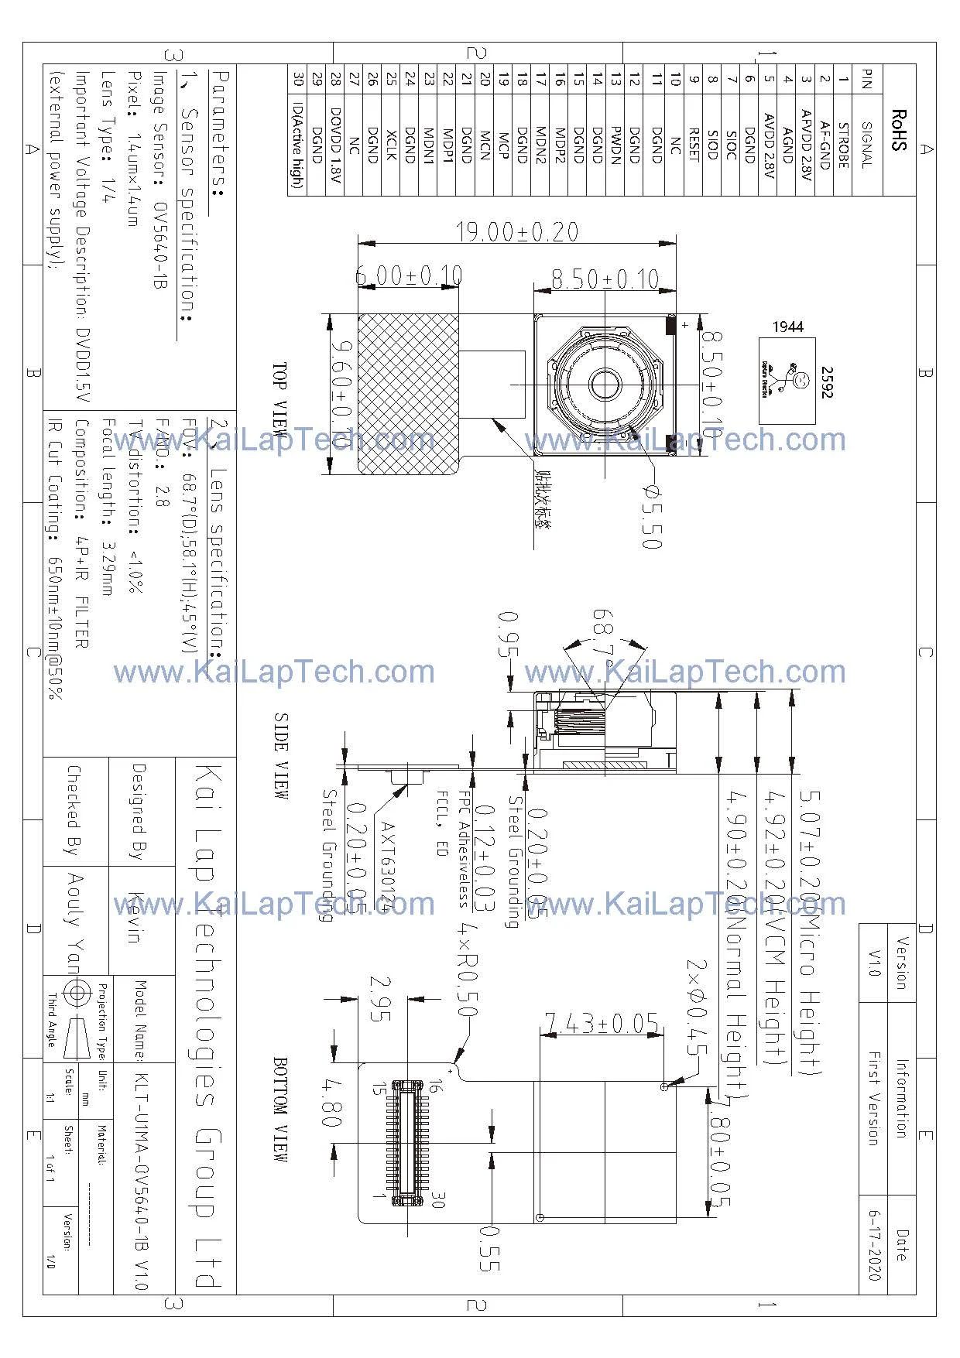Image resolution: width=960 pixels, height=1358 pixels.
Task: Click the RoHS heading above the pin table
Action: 898,130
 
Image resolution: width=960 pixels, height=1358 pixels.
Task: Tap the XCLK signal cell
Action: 391,145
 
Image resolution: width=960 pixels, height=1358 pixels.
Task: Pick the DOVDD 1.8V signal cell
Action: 335,145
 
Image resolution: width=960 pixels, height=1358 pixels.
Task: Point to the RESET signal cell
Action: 694,144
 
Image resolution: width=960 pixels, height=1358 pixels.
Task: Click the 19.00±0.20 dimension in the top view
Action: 516,231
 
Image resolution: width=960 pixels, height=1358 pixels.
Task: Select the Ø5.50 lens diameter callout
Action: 651,517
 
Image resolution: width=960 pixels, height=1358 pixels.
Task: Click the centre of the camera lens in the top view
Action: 604,383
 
